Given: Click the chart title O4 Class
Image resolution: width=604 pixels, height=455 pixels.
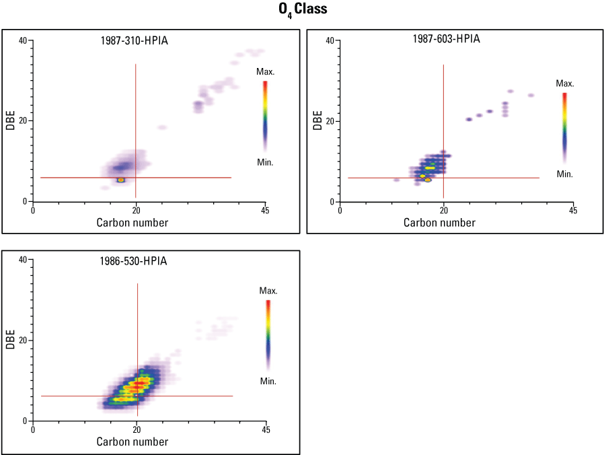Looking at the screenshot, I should point(302,10).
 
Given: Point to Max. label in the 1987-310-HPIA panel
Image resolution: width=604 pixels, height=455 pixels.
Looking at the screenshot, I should point(265,71).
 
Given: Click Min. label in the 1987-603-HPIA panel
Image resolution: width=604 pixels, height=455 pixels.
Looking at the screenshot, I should point(564,174).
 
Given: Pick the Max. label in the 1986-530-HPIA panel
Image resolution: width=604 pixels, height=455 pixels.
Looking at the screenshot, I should point(268,291).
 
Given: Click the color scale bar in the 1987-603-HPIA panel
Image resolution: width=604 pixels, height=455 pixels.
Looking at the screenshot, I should point(565,127).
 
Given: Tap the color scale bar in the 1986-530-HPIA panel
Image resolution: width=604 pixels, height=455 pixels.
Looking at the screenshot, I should point(268,334).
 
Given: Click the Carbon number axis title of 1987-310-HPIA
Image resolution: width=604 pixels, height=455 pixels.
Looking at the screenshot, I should point(133,222).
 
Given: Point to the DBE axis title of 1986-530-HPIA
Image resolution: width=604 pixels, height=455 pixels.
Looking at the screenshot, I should point(11,340).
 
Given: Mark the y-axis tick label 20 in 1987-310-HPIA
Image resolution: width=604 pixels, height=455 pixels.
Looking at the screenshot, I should point(23,121).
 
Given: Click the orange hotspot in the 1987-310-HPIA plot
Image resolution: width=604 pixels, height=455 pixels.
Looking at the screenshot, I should point(121,180).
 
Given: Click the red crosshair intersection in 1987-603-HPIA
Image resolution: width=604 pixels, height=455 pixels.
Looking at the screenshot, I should point(443,178).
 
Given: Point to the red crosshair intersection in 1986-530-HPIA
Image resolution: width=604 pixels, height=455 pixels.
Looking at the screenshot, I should point(137,396).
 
